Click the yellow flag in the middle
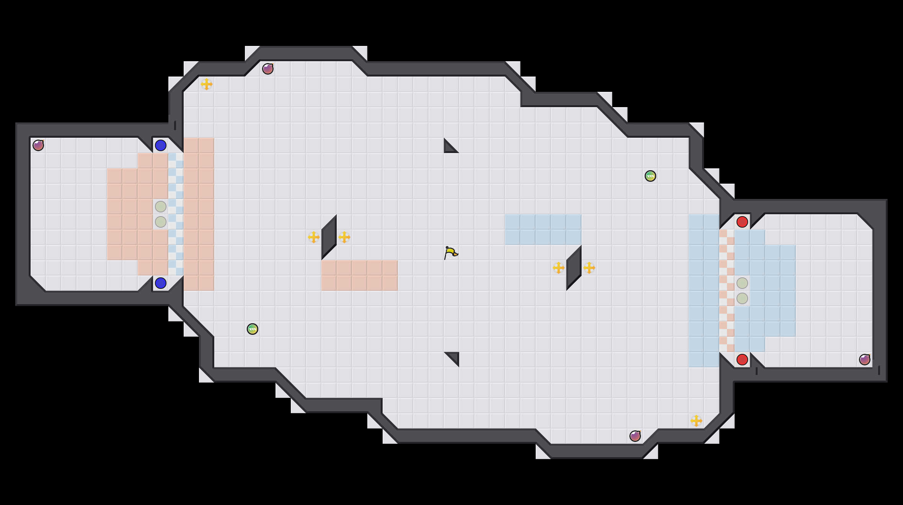tap(450, 252)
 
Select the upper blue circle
tap(161, 145)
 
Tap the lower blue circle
tap(161, 283)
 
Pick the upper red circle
tap(742, 222)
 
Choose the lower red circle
tap(742, 360)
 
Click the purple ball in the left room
tap(38, 145)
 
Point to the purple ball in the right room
tap(865, 360)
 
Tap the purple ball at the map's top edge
tap(268, 69)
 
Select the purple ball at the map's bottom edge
tap(635, 436)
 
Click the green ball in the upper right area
tap(650, 176)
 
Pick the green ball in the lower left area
tap(253, 329)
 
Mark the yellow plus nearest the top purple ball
tap(207, 84)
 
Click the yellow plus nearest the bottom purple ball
tap(696, 421)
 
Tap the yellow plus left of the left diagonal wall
tap(314, 237)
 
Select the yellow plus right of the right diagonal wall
tap(589, 268)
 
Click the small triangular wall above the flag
tap(448, 148)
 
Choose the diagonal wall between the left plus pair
tap(329, 237)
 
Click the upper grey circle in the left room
tap(161, 207)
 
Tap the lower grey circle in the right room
tap(742, 298)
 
